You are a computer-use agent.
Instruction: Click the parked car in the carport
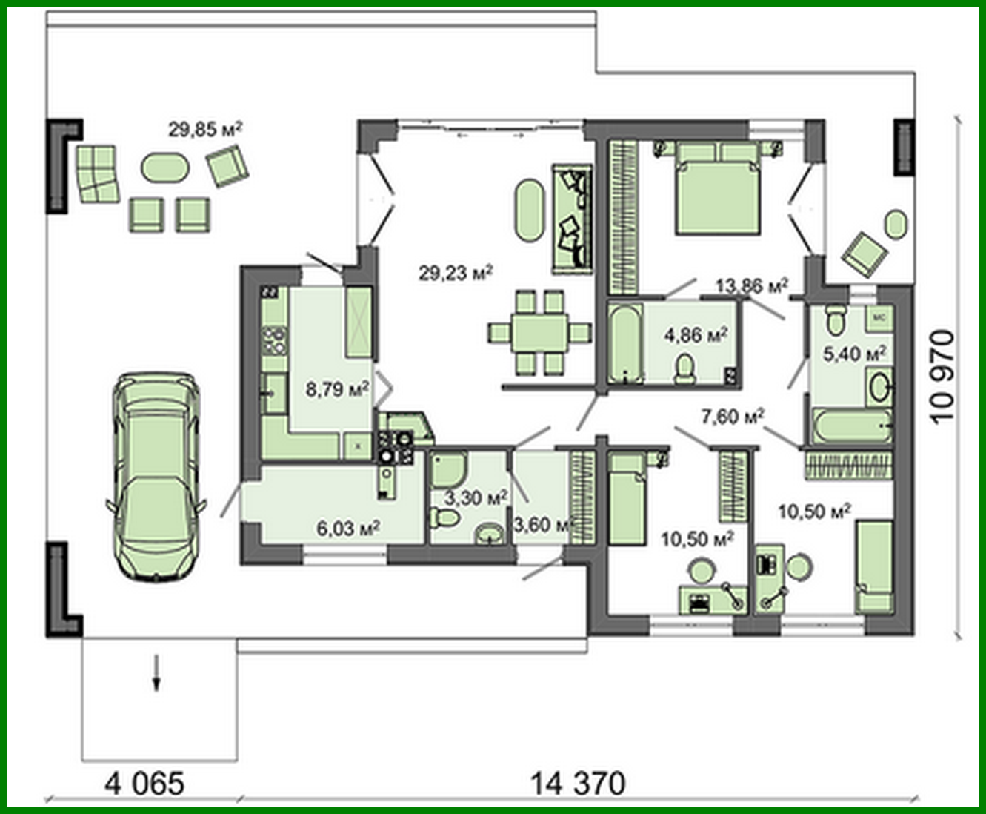(156, 476)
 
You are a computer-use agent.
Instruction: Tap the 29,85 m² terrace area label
(205, 130)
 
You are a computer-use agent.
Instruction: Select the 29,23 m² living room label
(456, 273)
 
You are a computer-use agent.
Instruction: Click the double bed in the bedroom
(717, 189)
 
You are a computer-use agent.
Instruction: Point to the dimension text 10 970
(942, 377)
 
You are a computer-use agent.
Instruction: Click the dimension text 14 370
(577, 783)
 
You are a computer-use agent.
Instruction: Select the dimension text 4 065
(144, 783)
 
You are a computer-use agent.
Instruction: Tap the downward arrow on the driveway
(156, 672)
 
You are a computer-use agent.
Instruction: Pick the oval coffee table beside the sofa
(530, 210)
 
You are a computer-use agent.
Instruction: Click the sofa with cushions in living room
(572, 219)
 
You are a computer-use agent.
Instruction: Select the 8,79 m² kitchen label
(337, 388)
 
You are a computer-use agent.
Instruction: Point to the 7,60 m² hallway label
(733, 417)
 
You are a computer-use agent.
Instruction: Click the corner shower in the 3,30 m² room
(447, 470)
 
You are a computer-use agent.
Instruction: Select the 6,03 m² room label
(348, 528)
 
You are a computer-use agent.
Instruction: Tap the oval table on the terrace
(165, 168)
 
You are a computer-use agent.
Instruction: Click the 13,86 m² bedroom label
(751, 285)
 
